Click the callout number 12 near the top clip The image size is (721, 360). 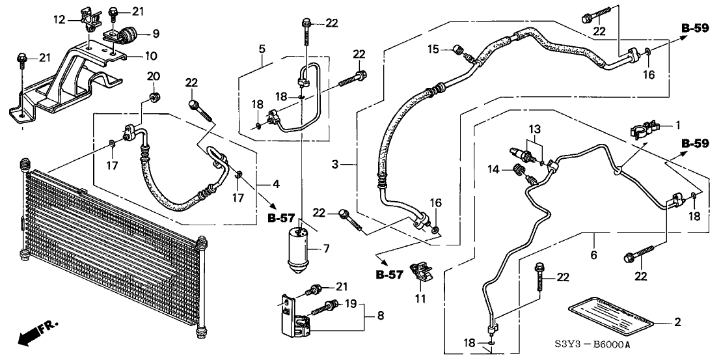tap(60, 20)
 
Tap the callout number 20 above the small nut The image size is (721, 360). tap(154, 76)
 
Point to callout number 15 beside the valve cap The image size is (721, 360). tap(433, 49)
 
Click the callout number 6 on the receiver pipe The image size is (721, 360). tap(593, 255)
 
